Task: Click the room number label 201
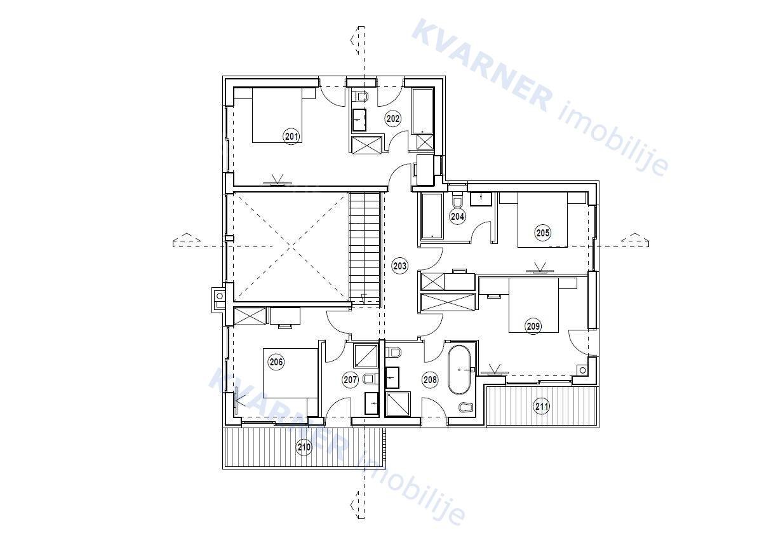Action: click(x=291, y=136)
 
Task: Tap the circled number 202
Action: click(x=393, y=119)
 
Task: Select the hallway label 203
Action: click(x=400, y=266)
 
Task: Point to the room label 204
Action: click(x=458, y=217)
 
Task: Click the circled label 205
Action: click(x=543, y=233)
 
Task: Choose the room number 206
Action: click(x=276, y=361)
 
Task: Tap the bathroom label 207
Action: click(x=351, y=380)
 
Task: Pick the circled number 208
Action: click(x=430, y=379)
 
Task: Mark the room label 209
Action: click(x=533, y=327)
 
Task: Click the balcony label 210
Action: click(x=304, y=447)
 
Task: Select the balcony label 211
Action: click(x=542, y=406)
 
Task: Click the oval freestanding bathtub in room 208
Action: click(x=460, y=370)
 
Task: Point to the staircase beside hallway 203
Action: click(x=365, y=250)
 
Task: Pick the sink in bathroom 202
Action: click(x=359, y=119)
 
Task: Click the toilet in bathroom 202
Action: click(x=361, y=96)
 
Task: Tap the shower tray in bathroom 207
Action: click(x=366, y=356)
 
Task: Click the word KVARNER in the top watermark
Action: click(x=483, y=65)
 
